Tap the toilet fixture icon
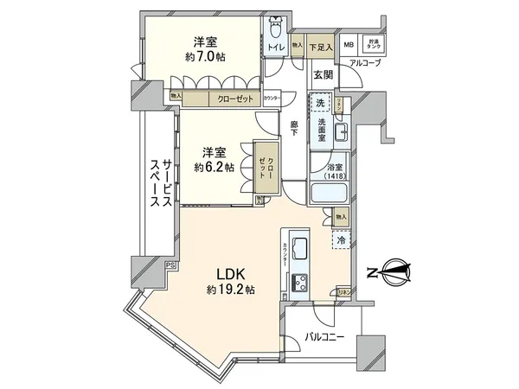[x=275, y=28]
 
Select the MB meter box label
[x=349, y=45]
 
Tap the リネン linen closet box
[x=343, y=293]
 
